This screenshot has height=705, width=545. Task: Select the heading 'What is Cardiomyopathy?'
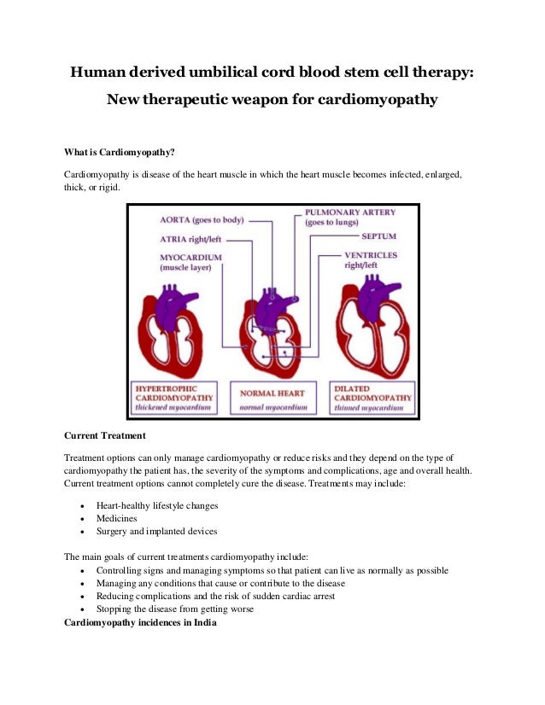tap(120, 153)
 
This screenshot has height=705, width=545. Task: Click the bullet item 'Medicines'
tap(117, 518)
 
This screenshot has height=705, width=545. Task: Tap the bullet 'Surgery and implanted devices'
tap(156, 531)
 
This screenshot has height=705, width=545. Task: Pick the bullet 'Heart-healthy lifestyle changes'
tap(157, 505)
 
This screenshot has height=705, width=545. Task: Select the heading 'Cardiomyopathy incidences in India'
tap(141, 621)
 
